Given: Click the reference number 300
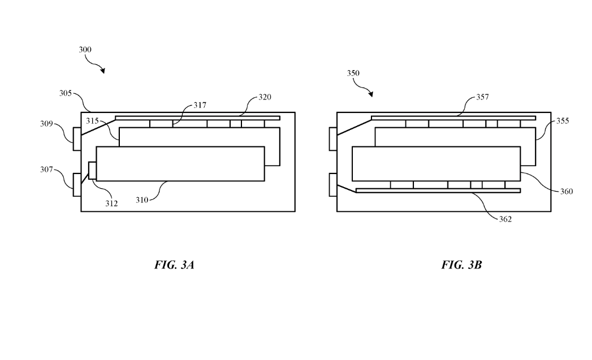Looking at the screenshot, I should coord(85,50).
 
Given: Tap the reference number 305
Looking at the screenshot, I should coord(65,93).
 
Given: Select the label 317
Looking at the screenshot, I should coord(200,105).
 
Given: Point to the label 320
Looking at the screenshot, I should coord(265,97).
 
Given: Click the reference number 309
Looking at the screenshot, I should coord(46,124).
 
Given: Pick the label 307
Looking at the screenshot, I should coord(46,168).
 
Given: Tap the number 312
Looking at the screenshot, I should coord(111,203).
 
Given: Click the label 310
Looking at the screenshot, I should coord(142,199).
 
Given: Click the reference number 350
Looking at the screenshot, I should coord(353,73).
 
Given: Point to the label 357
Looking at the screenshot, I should coord(482,97).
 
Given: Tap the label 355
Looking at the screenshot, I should coord(563,121).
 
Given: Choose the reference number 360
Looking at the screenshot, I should coord(566,192).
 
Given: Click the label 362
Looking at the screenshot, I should coord(505,219).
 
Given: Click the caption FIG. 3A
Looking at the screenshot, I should coord(174,264).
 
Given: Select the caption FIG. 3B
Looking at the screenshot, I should coord(461,264).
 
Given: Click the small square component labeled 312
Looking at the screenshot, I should coord(93,171).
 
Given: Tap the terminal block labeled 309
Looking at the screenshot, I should coord(77,138).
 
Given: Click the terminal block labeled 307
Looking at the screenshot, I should coord(77,184).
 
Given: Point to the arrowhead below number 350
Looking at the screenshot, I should coord(370,94).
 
